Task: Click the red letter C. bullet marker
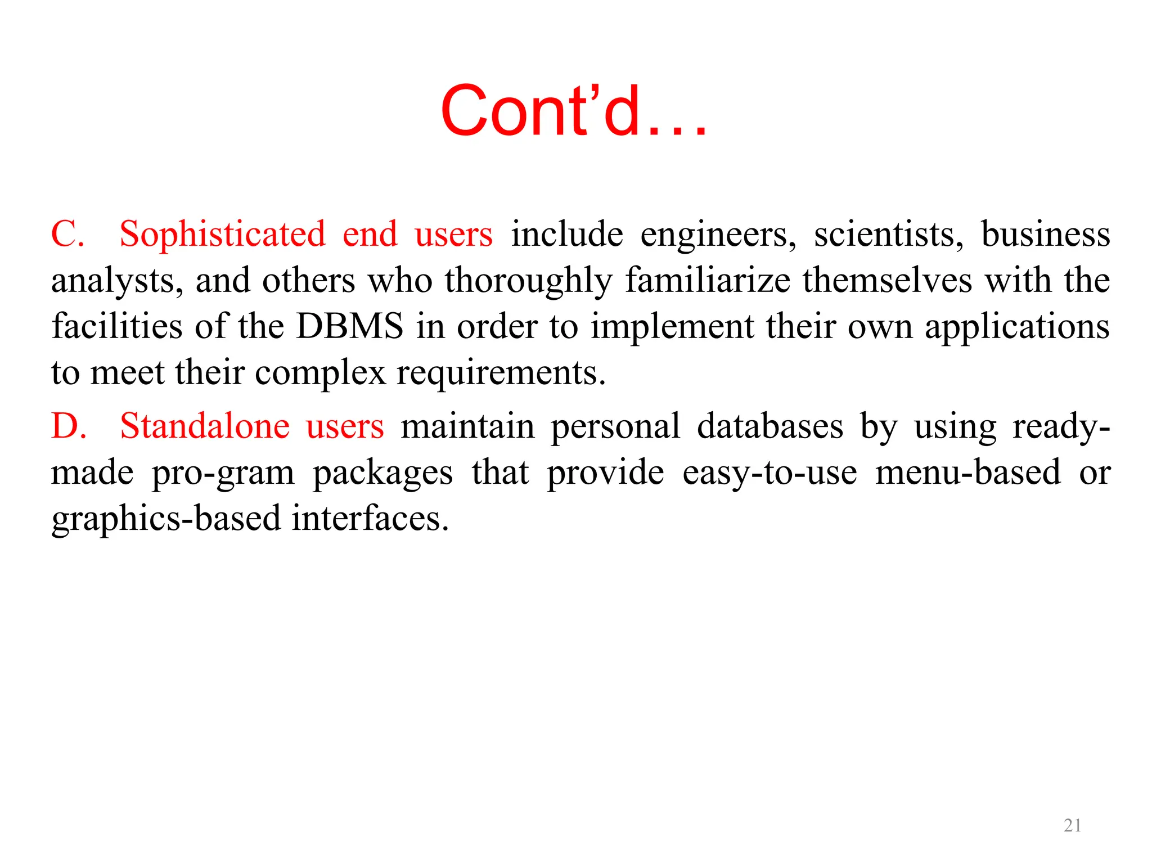click(x=67, y=234)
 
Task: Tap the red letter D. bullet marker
click(x=69, y=426)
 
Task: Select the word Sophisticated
click(x=223, y=234)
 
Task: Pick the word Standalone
click(x=205, y=426)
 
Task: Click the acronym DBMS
click(x=350, y=326)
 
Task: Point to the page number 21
click(x=1072, y=825)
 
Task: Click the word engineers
click(x=718, y=234)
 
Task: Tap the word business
click(x=1046, y=234)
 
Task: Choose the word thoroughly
click(x=529, y=281)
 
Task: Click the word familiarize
click(x=708, y=281)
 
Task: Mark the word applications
click(x=1017, y=326)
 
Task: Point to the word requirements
click(x=501, y=373)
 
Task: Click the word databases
click(x=770, y=426)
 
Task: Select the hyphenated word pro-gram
click(x=223, y=472)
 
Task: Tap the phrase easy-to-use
click(x=769, y=472)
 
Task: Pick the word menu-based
click(x=968, y=472)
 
